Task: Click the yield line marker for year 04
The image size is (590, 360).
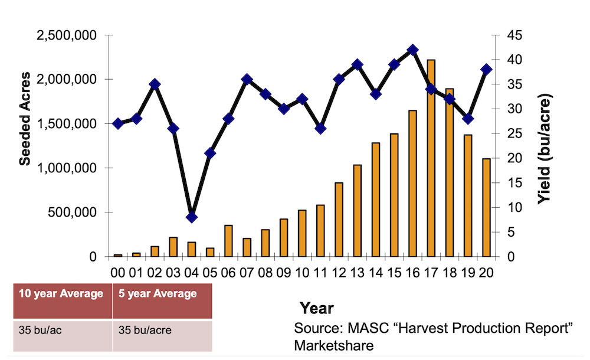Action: pos(191,217)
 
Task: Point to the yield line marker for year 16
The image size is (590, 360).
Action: pos(413,50)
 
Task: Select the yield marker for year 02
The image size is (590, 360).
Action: pos(155,84)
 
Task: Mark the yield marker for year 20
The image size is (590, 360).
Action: pos(487,69)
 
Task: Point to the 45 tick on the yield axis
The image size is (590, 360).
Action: pos(513,35)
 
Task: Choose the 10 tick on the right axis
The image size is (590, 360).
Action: pos(513,207)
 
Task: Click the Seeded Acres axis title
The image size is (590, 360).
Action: pos(25,118)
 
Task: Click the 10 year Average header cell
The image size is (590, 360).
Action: pos(61,294)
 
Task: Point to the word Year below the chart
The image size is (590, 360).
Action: pos(316,308)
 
